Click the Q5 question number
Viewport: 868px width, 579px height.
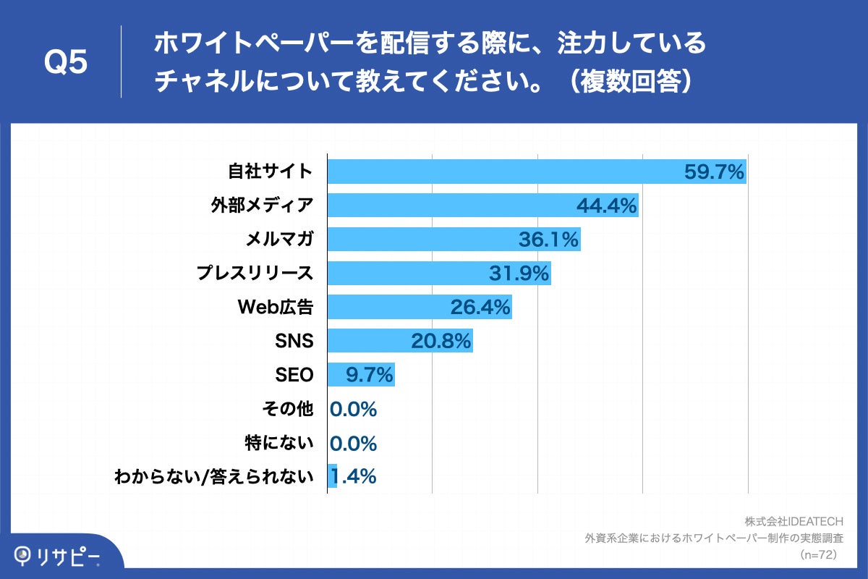pos(66,63)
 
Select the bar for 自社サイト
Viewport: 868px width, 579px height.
pos(506,172)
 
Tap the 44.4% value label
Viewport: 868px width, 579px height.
pos(606,206)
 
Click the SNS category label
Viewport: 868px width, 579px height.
pos(294,341)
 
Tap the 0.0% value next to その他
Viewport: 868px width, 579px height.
pos(353,409)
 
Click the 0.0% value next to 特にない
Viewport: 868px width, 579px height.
pos(353,443)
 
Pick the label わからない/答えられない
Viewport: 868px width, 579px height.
pos(214,477)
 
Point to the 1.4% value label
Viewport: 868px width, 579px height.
pos(354,476)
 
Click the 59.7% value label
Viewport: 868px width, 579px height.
pos(714,172)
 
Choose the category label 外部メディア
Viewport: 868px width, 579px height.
pos(262,206)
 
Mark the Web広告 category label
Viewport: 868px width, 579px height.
pos(276,307)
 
